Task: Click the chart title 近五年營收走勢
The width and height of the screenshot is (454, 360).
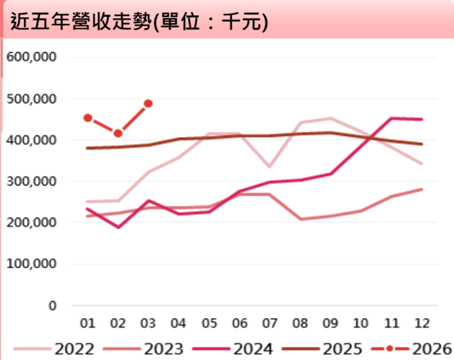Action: [x=81, y=21]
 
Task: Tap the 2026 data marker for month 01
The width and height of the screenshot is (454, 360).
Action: [x=88, y=118]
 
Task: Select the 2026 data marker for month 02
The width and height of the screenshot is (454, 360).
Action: [x=118, y=134]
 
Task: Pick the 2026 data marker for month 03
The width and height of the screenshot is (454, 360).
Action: [x=148, y=104]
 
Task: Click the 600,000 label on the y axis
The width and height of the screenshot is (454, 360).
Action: [x=31, y=57]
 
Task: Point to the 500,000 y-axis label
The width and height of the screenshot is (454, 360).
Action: [x=31, y=99]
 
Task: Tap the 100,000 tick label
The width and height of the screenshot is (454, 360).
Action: [x=31, y=264]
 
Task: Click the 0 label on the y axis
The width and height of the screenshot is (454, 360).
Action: [x=53, y=306]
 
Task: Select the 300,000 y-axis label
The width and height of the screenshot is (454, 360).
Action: [x=31, y=181]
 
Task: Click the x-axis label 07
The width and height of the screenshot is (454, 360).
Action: [x=270, y=323]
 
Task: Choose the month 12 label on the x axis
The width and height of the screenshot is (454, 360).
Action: [x=422, y=323]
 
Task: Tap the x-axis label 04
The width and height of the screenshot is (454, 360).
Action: [x=178, y=323]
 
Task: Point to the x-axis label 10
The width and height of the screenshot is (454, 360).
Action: [x=360, y=323]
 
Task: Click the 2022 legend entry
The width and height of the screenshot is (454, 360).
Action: [x=54, y=349]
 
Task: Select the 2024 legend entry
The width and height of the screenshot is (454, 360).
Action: [x=233, y=349]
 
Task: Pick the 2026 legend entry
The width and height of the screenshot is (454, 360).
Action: [x=411, y=349]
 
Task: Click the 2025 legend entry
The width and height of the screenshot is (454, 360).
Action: [x=322, y=349]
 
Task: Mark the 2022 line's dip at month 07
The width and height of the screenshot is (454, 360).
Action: [x=270, y=167]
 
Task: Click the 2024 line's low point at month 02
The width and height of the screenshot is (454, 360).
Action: [x=118, y=227]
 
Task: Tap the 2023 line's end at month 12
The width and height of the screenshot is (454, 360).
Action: [x=422, y=190]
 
